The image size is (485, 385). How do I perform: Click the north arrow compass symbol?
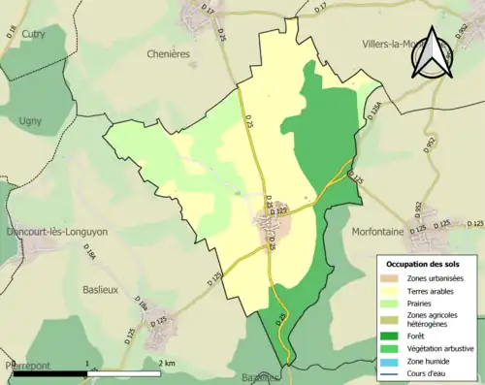pos(434,52)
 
